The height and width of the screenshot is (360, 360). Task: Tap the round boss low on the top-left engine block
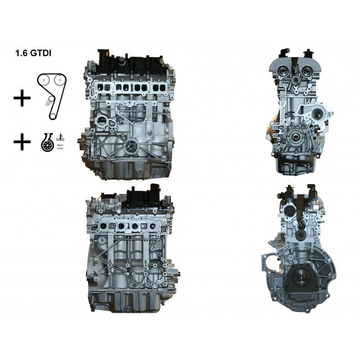131,145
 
